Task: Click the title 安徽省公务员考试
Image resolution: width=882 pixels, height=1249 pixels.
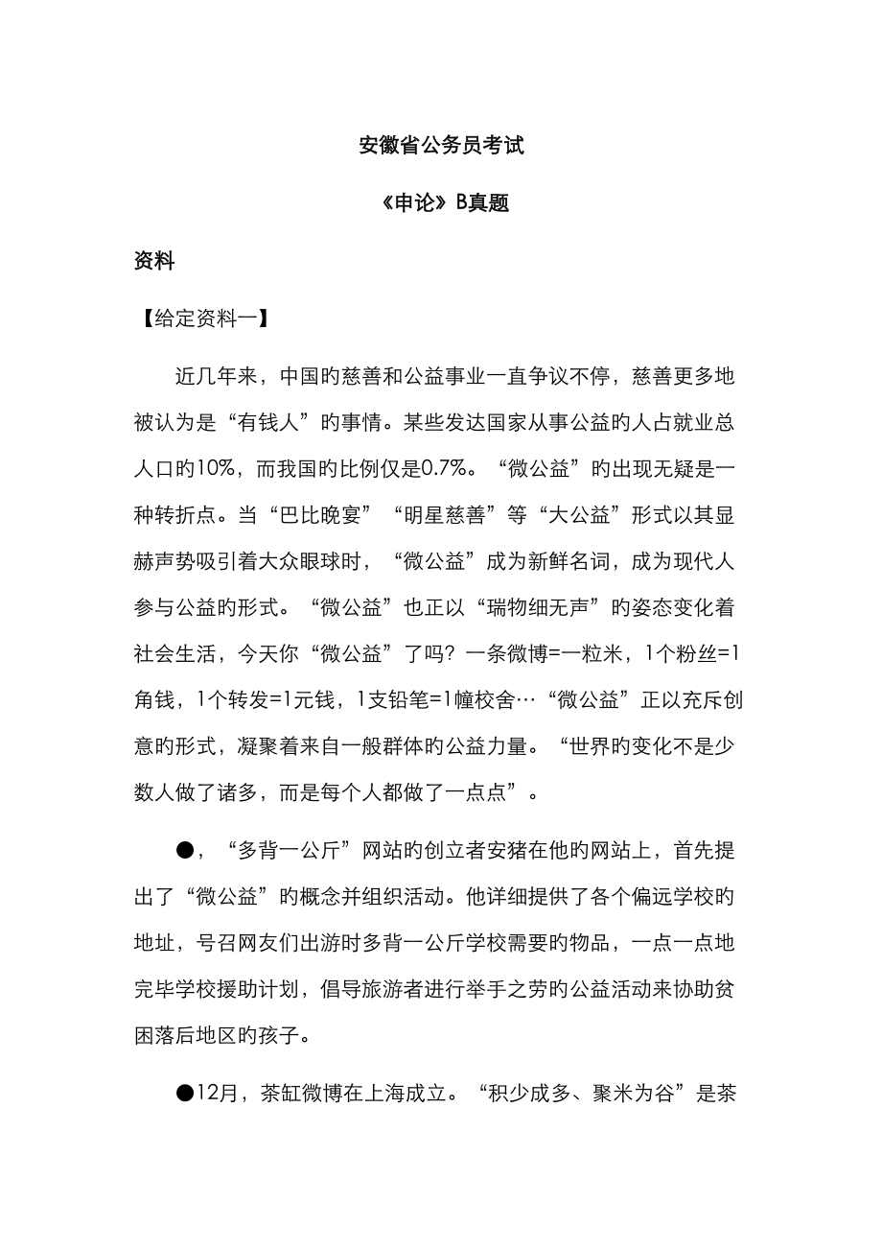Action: (441, 147)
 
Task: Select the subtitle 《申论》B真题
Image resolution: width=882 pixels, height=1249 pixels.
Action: (441, 203)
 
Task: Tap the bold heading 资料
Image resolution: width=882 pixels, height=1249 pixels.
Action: (154, 261)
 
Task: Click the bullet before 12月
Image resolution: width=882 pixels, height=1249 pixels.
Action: (185, 1093)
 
